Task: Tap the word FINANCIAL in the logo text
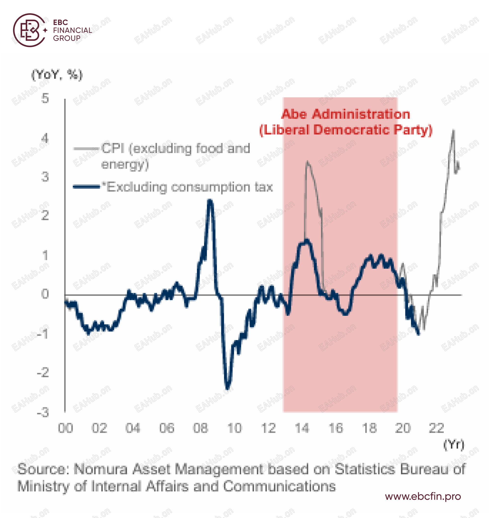click(73, 30)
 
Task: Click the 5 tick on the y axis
click(45, 98)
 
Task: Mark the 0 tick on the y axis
click(45, 294)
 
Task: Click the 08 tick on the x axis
click(200, 428)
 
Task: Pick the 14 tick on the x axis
click(302, 428)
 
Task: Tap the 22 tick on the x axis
click(436, 428)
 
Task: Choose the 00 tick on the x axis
click(66, 428)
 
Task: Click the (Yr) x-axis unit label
click(453, 445)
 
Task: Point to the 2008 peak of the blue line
click(210, 201)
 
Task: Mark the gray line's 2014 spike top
click(307, 161)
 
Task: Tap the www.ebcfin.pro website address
click(423, 496)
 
